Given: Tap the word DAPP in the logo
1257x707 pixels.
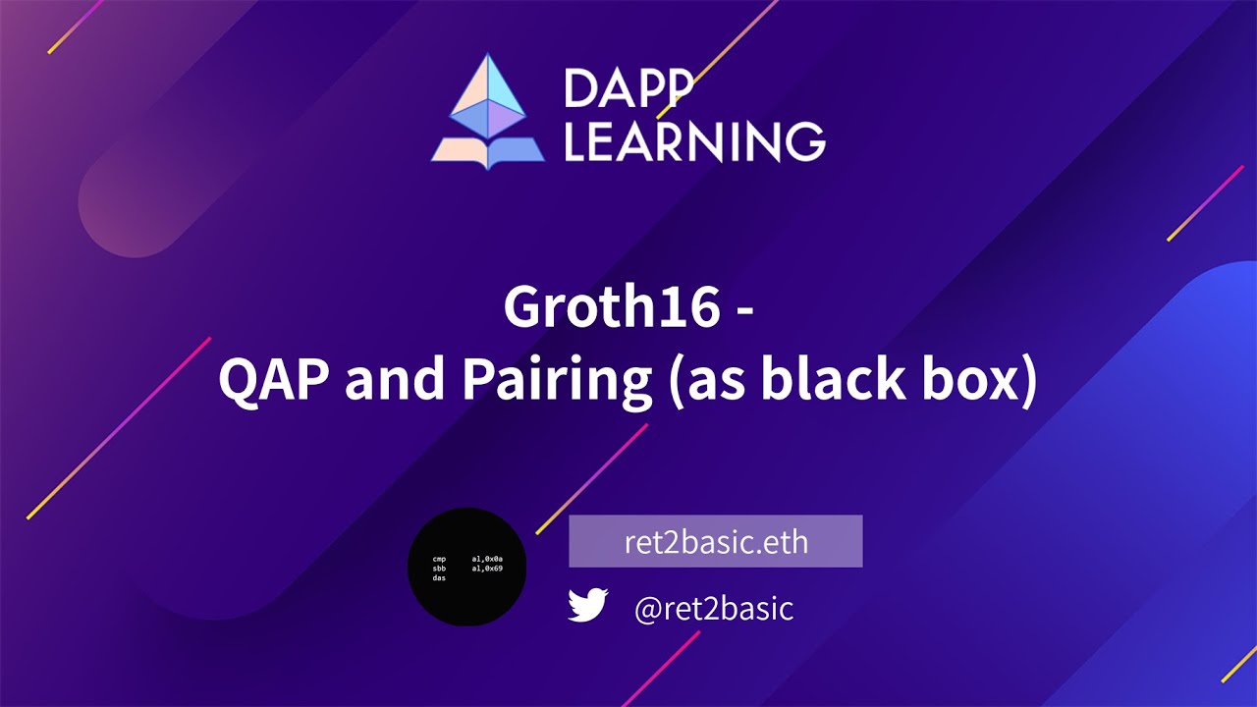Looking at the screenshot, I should (x=628, y=90).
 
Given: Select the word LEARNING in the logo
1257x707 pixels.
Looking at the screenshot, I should (x=694, y=141).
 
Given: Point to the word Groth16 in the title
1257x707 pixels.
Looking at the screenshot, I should (x=611, y=308).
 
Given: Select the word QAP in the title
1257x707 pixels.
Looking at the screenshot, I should (x=274, y=379).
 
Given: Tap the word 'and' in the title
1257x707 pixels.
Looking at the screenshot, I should (x=391, y=379).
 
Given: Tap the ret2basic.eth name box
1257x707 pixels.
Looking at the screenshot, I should (x=715, y=542).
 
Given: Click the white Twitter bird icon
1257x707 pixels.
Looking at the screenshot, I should (x=588, y=606).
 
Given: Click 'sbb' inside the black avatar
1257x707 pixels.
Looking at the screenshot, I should (x=439, y=569).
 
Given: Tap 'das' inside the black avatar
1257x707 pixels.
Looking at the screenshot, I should (x=439, y=578).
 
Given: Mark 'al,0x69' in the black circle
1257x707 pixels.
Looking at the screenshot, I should (x=487, y=569).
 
